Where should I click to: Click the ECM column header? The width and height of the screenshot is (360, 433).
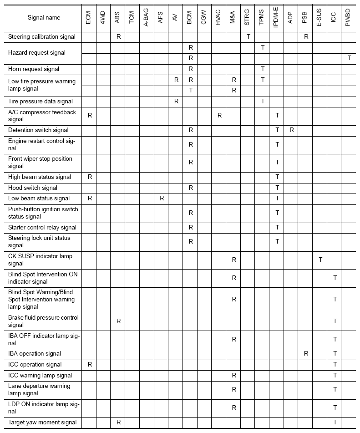point(89,18)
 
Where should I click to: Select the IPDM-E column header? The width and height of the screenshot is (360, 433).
point(277,18)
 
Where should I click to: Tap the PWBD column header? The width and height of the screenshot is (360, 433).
point(348,18)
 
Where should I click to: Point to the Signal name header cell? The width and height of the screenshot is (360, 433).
point(44,18)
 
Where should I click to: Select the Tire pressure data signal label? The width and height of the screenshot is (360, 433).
point(41,101)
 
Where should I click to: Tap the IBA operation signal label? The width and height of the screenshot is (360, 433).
point(35,353)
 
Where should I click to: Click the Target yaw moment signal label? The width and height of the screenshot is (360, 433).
point(42,423)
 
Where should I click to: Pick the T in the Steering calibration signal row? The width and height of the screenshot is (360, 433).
point(248,36)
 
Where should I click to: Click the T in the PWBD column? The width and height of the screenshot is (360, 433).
point(349,58)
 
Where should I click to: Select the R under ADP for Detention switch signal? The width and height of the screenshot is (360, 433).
point(291,130)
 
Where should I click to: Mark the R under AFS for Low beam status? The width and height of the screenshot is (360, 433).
point(162,198)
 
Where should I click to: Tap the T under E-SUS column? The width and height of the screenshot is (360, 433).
point(320,260)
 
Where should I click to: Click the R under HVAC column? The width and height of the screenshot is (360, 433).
point(219,116)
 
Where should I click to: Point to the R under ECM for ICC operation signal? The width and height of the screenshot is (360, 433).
point(90,364)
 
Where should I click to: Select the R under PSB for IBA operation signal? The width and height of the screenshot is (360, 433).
point(306,353)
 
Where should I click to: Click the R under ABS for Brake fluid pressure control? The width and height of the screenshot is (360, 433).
point(118,321)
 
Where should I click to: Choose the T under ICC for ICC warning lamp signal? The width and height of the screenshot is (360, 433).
point(335,375)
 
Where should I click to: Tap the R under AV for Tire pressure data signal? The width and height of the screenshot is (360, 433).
point(176,101)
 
